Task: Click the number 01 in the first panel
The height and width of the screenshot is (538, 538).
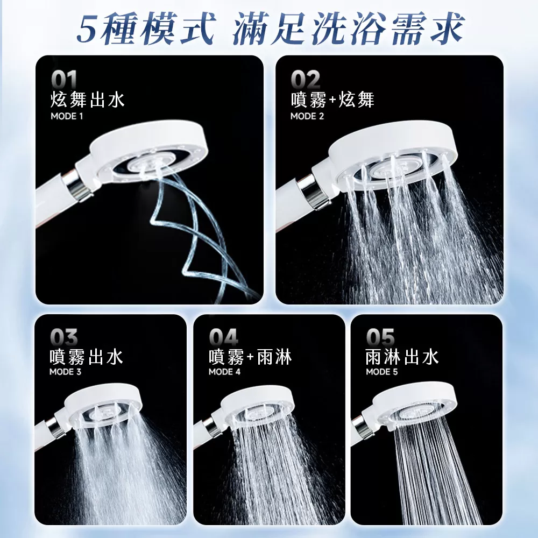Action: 65,81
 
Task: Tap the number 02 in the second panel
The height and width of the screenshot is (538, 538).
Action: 306,81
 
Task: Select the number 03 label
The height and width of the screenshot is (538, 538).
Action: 63,338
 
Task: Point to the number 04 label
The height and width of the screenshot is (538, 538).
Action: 223,338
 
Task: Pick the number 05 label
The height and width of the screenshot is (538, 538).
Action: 380,338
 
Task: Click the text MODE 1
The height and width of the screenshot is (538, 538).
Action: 67,116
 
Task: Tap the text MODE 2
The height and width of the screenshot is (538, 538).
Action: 307,116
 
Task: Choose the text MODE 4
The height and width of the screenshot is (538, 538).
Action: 224,372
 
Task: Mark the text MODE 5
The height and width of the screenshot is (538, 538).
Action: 382,372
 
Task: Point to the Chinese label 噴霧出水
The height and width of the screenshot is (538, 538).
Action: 86,357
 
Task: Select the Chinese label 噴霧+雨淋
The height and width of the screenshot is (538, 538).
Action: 250,357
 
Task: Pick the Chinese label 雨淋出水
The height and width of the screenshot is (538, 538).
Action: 402,357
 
